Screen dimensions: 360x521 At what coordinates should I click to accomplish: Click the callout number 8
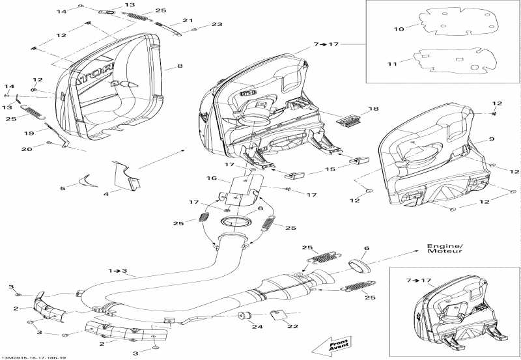point(180,66)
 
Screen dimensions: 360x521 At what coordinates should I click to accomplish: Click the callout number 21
point(188,21)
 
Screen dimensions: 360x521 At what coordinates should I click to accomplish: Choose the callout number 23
point(216,24)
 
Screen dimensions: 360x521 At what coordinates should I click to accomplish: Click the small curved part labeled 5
point(85,179)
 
